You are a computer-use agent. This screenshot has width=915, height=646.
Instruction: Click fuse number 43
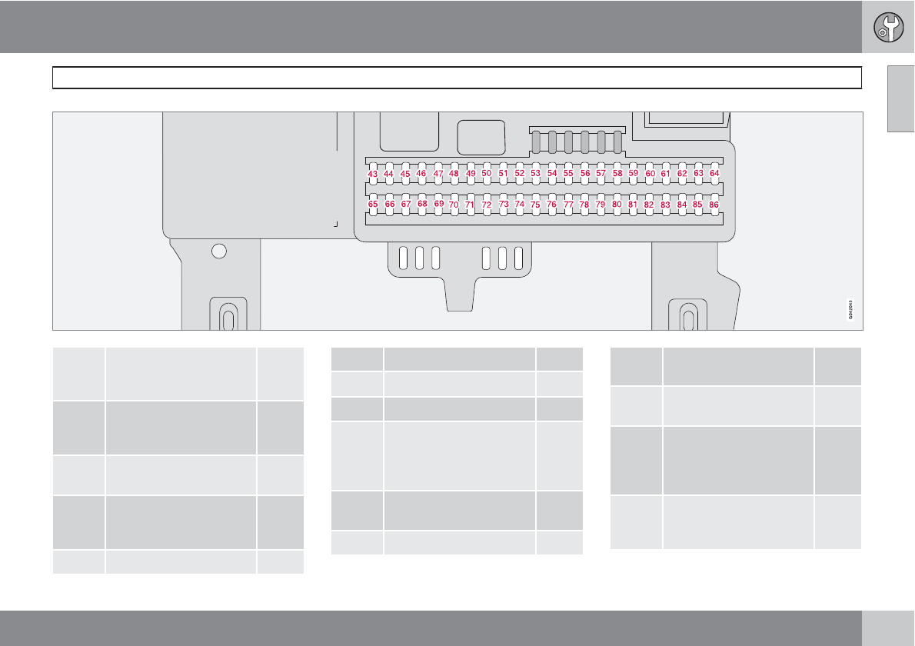(x=372, y=175)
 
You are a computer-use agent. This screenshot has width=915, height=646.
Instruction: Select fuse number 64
(x=714, y=174)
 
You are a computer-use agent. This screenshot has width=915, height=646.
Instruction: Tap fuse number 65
(x=373, y=205)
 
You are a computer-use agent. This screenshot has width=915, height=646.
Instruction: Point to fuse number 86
(x=714, y=205)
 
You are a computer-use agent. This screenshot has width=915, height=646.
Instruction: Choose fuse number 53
(x=535, y=174)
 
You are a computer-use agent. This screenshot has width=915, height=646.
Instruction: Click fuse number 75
(x=535, y=205)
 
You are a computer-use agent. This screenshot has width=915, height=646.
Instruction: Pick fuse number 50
(x=486, y=174)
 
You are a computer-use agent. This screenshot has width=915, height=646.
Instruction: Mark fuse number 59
(x=633, y=174)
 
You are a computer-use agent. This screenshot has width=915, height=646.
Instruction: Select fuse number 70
(x=454, y=205)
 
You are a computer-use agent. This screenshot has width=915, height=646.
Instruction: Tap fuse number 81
(x=633, y=205)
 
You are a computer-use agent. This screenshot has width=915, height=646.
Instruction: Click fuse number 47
(x=438, y=174)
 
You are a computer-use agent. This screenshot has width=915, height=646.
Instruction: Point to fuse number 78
(x=584, y=205)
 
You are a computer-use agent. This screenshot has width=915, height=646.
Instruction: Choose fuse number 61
(x=666, y=174)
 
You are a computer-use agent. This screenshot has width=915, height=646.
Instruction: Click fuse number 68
(x=421, y=205)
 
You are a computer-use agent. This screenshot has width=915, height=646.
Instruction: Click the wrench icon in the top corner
(x=888, y=27)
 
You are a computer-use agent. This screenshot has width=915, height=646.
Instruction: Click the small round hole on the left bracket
(x=219, y=251)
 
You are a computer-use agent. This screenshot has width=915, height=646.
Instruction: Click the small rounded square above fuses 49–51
(x=481, y=138)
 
